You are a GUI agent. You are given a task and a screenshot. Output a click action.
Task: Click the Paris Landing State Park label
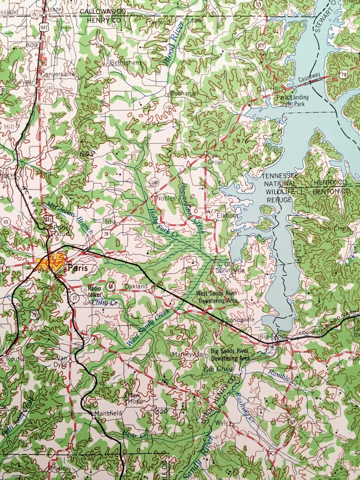(293, 100)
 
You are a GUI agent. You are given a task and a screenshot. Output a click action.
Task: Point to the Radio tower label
(95, 291)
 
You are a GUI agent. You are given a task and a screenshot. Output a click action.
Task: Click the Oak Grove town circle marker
(205, 154)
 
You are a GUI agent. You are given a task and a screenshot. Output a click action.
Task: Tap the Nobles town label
(167, 198)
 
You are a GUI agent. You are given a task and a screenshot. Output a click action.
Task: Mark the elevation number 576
(243, 141)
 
